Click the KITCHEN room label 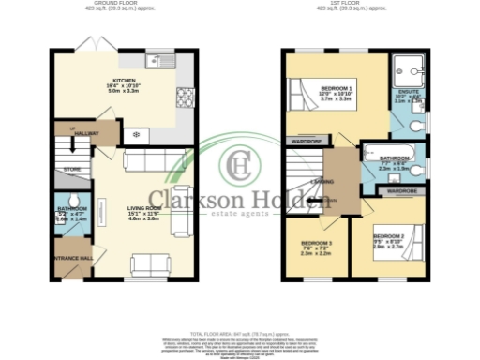coord(125,81)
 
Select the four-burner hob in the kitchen coord(184,96)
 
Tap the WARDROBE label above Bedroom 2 coord(401,190)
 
